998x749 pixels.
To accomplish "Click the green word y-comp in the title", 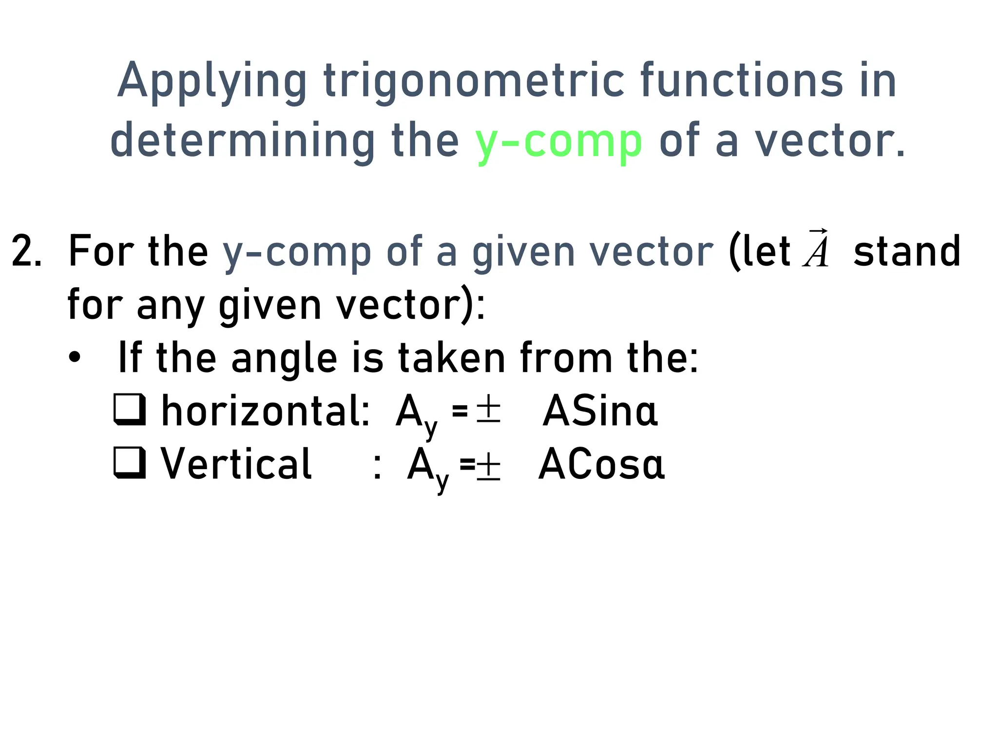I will click(558, 141).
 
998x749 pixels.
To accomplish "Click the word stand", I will click(907, 252).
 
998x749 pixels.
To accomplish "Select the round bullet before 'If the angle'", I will click(75, 358).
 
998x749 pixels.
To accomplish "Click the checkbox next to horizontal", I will click(129, 410).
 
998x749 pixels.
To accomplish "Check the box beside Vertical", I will click(129, 462).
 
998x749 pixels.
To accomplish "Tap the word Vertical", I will click(236, 463).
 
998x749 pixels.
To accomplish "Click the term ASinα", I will click(600, 411).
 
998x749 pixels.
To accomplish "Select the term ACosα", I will click(601, 464).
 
